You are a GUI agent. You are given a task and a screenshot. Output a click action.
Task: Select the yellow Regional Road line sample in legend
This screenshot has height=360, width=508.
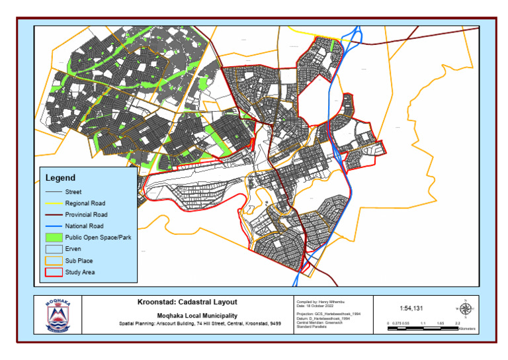(52, 203)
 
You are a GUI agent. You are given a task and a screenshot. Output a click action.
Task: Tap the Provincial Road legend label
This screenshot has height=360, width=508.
(86, 214)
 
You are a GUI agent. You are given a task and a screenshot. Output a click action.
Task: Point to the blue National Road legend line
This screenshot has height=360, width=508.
(52, 226)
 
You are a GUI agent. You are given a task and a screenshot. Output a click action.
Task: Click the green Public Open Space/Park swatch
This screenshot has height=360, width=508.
(52, 237)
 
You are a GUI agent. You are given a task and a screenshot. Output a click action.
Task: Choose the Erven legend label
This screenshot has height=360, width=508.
(73, 249)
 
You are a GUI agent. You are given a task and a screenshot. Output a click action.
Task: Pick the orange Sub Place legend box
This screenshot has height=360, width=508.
(52, 260)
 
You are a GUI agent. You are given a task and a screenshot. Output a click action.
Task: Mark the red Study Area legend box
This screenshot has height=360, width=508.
(52, 271)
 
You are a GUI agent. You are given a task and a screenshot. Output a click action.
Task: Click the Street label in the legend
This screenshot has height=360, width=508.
(73, 192)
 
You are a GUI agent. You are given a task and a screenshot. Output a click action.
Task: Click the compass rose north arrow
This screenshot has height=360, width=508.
(465, 308)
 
